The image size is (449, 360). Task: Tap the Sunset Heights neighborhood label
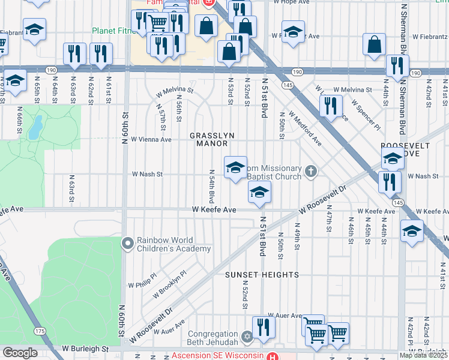coord(262,275)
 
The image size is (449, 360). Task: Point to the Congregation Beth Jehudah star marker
coord(247,335)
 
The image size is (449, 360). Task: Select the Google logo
coord(20,353)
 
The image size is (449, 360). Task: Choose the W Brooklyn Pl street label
coord(170,284)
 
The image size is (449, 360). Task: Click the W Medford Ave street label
coord(304,127)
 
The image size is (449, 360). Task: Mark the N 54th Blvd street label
coord(211,185)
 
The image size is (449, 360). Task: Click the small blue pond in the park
coord(35,126)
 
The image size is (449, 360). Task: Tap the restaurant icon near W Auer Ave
coord(263,326)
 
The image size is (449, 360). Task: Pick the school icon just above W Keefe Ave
coord(259,192)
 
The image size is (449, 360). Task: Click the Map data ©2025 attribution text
coord(423,355)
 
